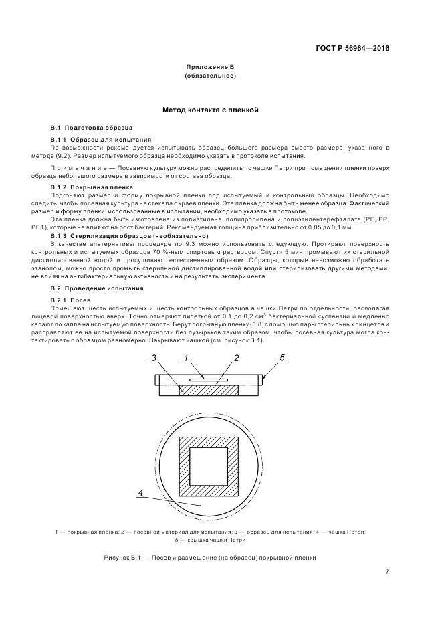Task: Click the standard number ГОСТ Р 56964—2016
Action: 352,49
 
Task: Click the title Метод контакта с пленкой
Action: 211,109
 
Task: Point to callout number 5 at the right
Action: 282,358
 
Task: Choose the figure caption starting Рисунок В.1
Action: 209,558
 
